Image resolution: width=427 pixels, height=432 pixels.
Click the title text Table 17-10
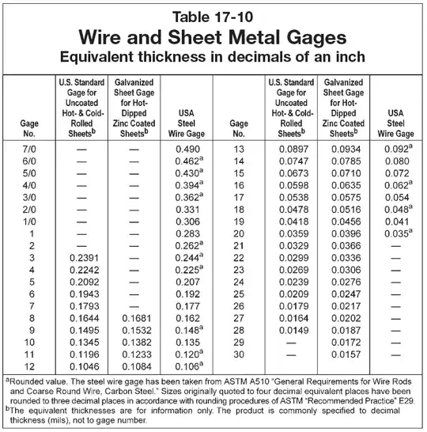coord(213,16)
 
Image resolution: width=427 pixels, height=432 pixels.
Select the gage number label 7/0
coord(32,148)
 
